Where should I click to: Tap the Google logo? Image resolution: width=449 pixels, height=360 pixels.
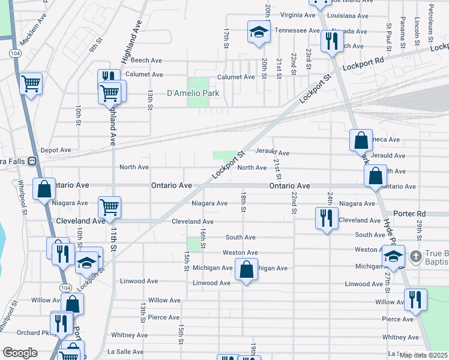(20, 353)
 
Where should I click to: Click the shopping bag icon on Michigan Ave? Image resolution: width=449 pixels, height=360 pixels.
(246, 269)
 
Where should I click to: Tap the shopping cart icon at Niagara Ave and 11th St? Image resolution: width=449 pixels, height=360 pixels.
(110, 208)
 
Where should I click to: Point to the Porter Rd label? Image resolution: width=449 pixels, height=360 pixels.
(409, 214)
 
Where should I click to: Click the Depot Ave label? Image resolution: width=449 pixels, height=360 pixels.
(56, 150)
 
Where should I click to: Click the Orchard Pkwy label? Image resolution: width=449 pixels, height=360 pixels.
(33, 333)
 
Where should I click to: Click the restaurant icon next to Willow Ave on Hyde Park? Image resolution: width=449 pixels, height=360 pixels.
(415, 299)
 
